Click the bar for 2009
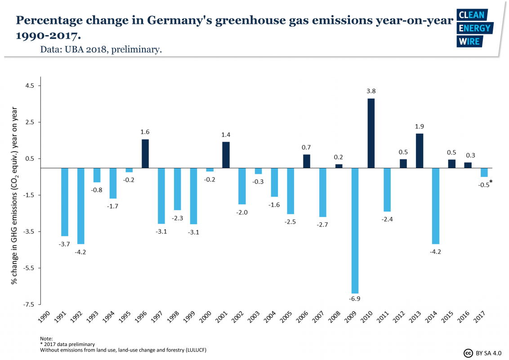tap(355, 230)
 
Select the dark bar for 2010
tap(371, 133)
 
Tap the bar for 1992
tap(81, 206)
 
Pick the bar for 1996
tap(145, 153)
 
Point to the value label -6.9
tap(355, 299)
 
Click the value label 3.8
tap(371, 91)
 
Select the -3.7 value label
tap(64, 244)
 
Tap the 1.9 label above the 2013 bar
tap(420, 126)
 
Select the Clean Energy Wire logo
tap(474, 28)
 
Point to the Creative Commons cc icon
tap(468, 353)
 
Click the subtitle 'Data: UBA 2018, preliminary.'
tap(101, 49)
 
